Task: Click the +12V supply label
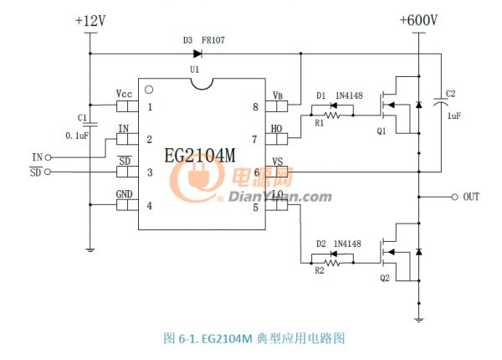[90, 20]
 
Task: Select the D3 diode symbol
[197, 54]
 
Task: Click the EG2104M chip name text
[201, 155]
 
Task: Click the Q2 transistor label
[384, 280]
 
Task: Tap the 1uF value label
[454, 116]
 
